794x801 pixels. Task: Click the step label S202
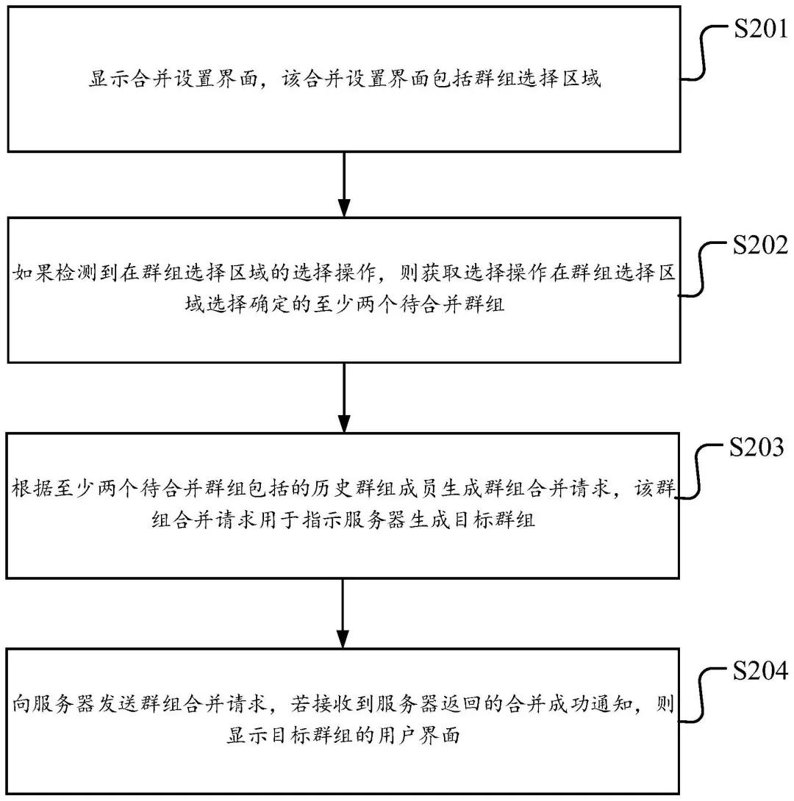tap(757, 246)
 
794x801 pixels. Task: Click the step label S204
tap(757, 671)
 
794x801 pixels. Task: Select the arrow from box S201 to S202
tap(343, 184)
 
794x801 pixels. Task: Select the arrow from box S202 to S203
tap(343, 397)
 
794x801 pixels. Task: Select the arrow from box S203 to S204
tap(343, 613)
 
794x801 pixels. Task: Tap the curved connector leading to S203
tap(700, 474)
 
